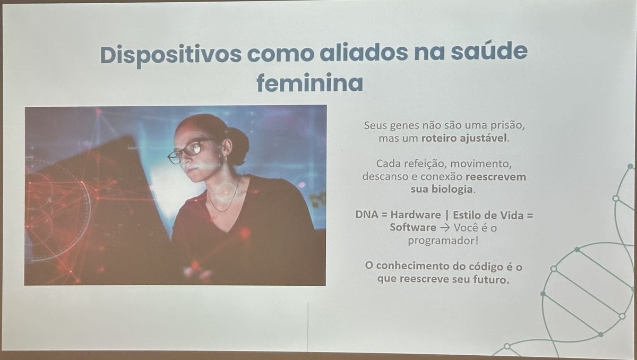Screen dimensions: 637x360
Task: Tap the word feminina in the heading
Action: tap(309, 82)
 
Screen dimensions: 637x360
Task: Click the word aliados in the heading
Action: tap(364, 52)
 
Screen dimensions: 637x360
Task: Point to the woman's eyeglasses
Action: tap(188, 151)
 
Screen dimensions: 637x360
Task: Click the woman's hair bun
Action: tap(238, 145)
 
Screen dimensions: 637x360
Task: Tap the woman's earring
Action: tap(226, 157)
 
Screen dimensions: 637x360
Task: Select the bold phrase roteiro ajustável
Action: tap(464, 139)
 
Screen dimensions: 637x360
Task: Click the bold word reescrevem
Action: tap(496, 177)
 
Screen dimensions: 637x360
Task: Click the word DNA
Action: tap(367, 215)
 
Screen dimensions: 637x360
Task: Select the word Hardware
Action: tap(416, 215)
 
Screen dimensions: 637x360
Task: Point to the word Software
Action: tap(413, 227)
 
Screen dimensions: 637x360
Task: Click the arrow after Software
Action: tap(445, 228)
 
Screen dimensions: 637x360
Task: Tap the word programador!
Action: tap(443, 241)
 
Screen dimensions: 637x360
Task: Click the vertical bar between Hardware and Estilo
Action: tap(447, 215)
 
